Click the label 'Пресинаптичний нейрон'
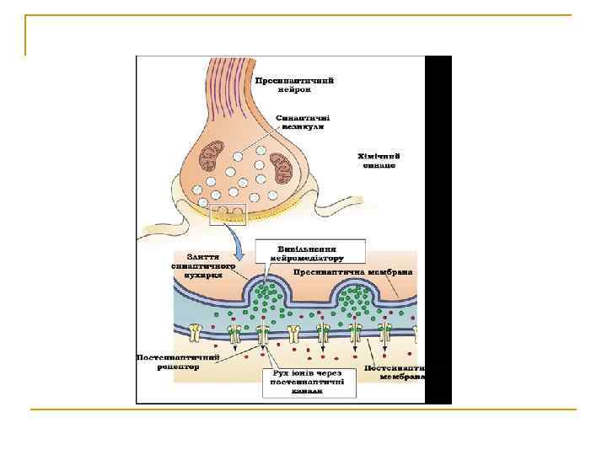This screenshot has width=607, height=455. click(294, 84)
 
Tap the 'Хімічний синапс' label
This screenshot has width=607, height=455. click(378, 161)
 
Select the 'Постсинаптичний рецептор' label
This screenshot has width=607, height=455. click(178, 361)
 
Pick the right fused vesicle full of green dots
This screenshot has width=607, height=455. click(357, 292)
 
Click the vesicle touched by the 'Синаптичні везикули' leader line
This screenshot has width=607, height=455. click(239, 156)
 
